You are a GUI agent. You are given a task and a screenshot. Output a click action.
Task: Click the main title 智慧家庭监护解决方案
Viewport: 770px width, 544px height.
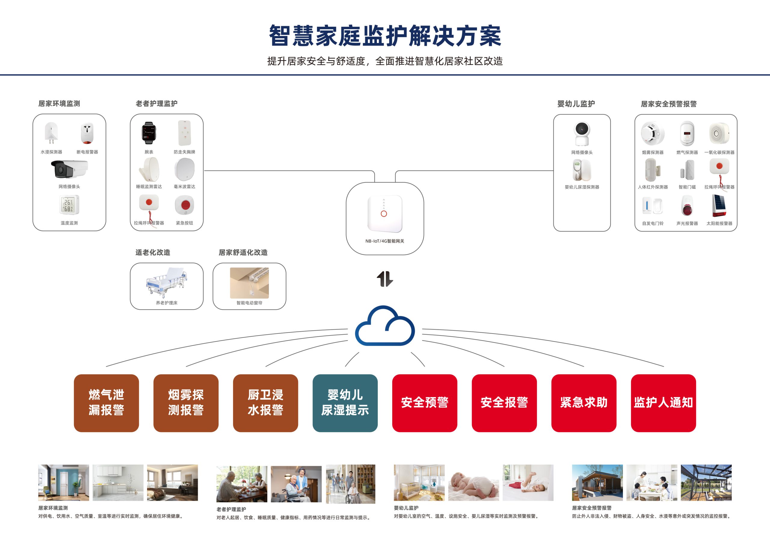coord(385,35)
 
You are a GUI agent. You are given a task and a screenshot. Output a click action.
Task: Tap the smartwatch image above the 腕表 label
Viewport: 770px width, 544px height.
coord(149,133)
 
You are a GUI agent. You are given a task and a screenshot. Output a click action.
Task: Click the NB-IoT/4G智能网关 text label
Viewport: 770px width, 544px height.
coord(385,241)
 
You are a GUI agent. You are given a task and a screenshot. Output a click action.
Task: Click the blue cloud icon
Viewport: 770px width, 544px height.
coord(385,326)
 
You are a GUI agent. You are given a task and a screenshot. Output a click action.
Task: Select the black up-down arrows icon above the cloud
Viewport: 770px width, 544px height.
coord(385,279)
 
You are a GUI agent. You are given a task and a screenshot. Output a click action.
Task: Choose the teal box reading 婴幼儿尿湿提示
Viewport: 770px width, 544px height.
coord(345,403)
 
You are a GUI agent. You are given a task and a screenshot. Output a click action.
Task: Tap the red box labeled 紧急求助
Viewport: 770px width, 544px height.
coord(584,403)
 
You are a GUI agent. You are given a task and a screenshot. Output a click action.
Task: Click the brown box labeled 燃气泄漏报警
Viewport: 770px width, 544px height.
coord(106,403)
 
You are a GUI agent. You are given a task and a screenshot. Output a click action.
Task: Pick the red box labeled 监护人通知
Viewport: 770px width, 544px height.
coord(663,403)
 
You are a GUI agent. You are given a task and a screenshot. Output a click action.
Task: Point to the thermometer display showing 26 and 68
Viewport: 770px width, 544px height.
coord(69,205)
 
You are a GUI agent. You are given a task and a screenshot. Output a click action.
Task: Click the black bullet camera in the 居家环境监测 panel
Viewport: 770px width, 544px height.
coord(69,169)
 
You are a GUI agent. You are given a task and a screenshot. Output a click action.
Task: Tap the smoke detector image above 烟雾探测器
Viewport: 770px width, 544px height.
coord(652,133)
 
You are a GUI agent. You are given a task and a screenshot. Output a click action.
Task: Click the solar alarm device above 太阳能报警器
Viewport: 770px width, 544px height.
coord(719,206)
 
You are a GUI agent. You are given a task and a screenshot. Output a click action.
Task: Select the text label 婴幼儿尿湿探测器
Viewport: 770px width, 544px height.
coord(582,187)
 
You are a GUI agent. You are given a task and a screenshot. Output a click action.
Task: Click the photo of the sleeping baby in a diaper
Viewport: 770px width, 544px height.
coord(473,483)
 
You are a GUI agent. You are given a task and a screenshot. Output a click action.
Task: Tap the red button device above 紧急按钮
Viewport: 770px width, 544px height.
coord(184,205)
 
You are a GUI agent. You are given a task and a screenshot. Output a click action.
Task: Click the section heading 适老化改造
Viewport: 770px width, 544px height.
coord(152,252)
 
